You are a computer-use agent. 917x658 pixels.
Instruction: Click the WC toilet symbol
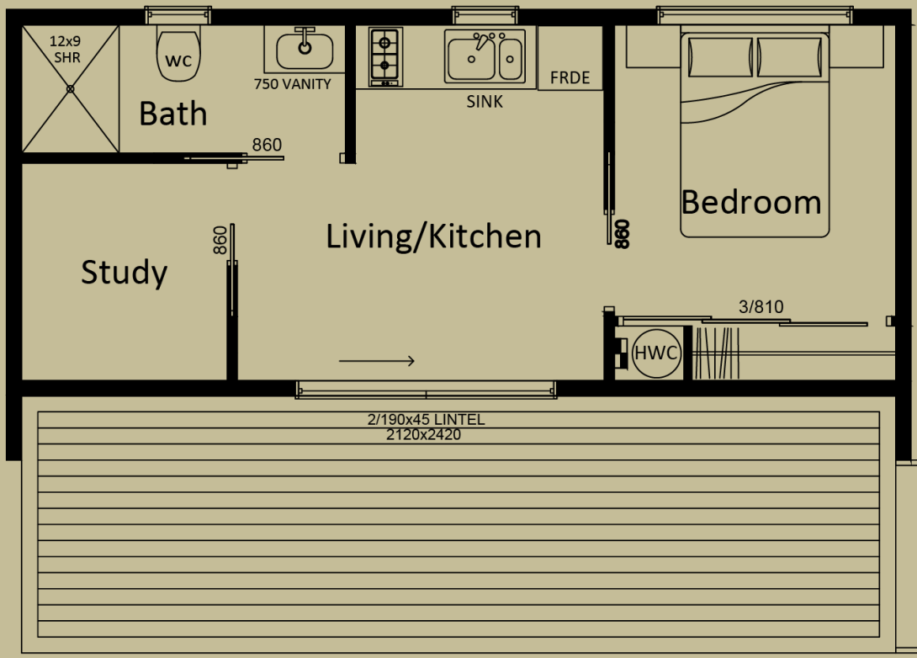(x=178, y=56)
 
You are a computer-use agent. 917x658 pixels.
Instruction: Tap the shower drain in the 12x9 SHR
(x=70, y=88)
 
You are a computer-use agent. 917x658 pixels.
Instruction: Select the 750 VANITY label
(x=293, y=84)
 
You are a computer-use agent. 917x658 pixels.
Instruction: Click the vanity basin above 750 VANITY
(x=304, y=50)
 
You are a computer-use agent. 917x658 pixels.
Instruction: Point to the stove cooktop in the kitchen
(x=384, y=56)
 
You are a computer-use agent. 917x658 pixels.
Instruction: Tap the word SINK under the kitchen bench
(x=485, y=102)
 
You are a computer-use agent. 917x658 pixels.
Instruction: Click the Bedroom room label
(x=750, y=203)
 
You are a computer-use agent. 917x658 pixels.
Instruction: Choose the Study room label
(x=124, y=273)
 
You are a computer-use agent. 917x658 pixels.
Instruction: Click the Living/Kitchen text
(x=433, y=236)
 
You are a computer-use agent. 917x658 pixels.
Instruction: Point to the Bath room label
(x=172, y=114)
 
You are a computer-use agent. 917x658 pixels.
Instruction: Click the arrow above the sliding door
(x=377, y=361)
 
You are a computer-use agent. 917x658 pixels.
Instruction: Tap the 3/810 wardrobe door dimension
(x=761, y=307)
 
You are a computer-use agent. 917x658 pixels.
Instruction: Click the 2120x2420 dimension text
(x=423, y=435)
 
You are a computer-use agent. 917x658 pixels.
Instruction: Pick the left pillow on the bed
(x=720, y=56)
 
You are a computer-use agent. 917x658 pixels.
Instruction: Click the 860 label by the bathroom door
(x=267, y=146)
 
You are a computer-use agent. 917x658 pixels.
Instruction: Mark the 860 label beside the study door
(x=220, y=241)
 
